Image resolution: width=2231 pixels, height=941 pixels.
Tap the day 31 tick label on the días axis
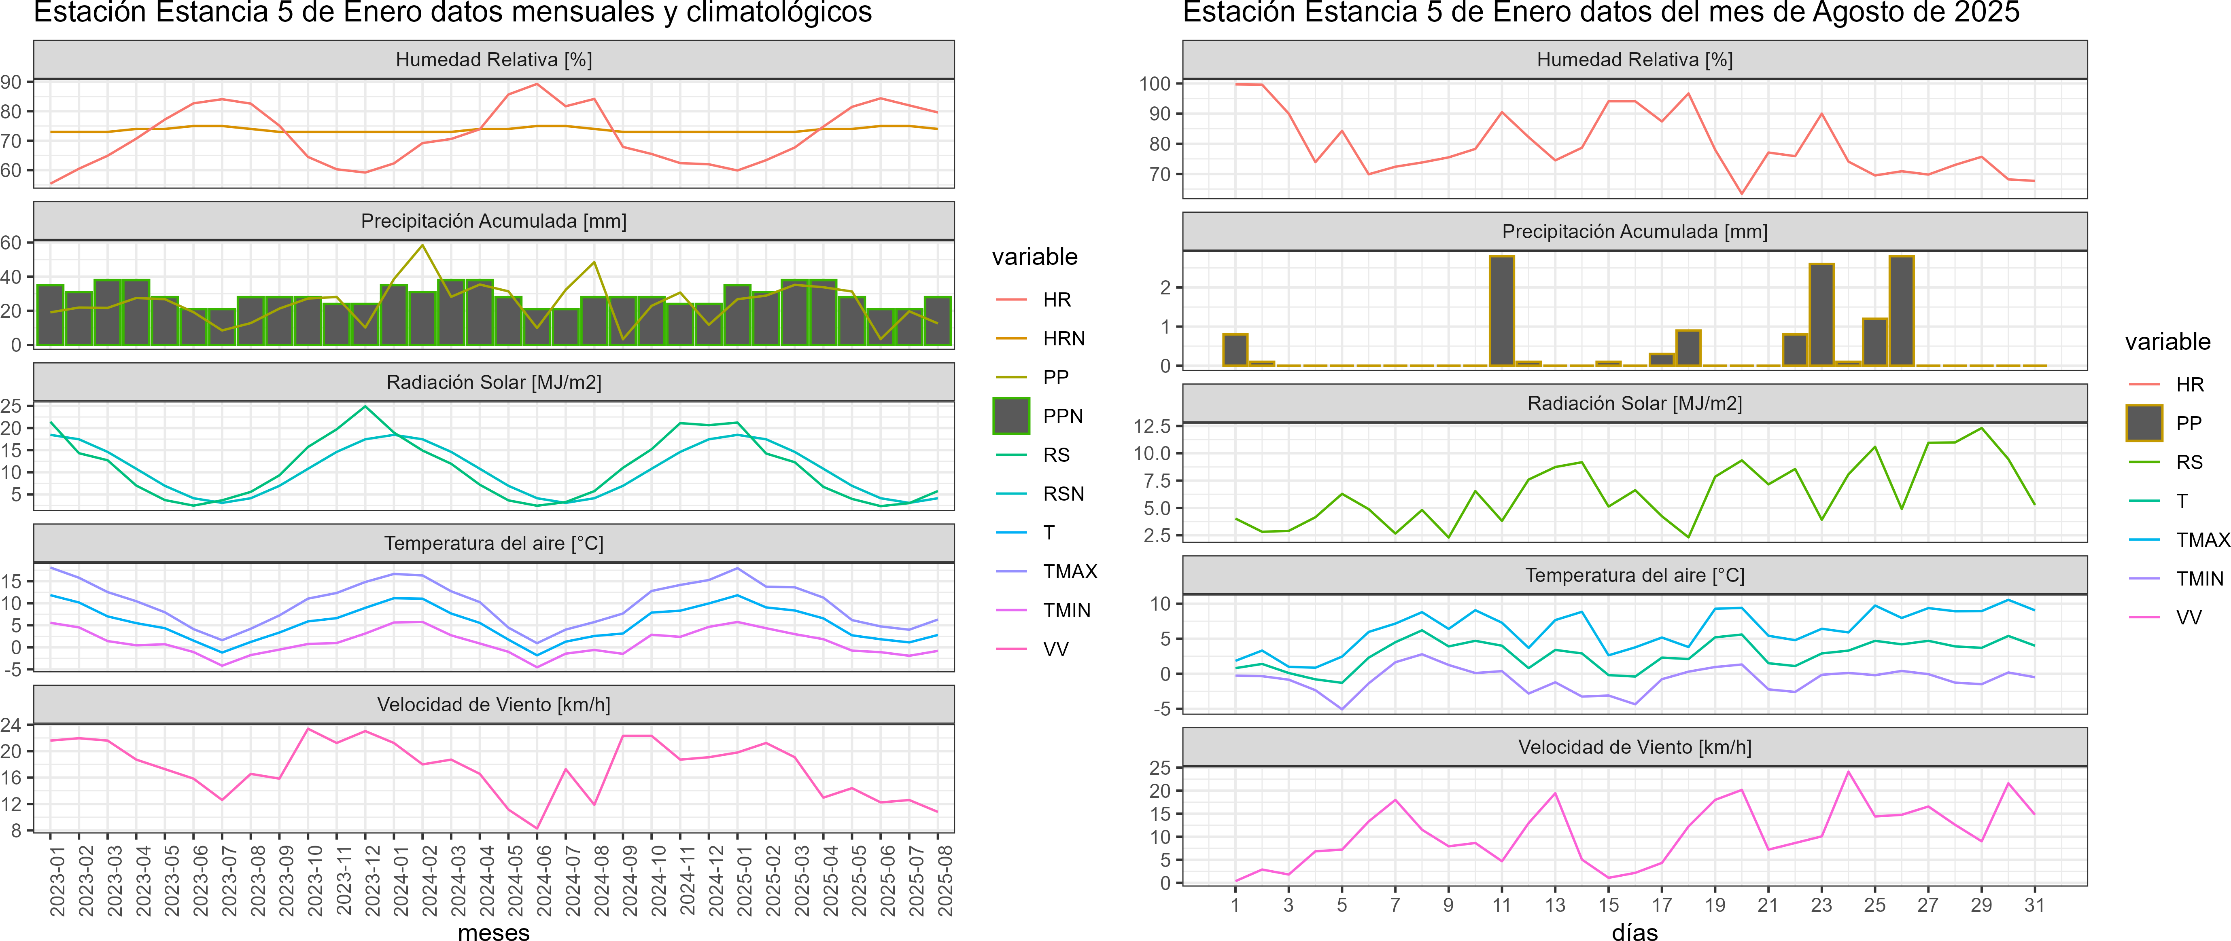(x=2034, y=905)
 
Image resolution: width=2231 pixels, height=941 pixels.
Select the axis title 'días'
(x=1634, y=931)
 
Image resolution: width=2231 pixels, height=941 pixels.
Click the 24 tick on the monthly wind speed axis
(x=11, y=725)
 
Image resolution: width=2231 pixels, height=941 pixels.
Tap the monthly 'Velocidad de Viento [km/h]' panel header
(x=494, y=705)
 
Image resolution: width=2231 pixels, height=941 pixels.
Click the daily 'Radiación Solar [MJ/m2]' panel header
(x=1634, y=404)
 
